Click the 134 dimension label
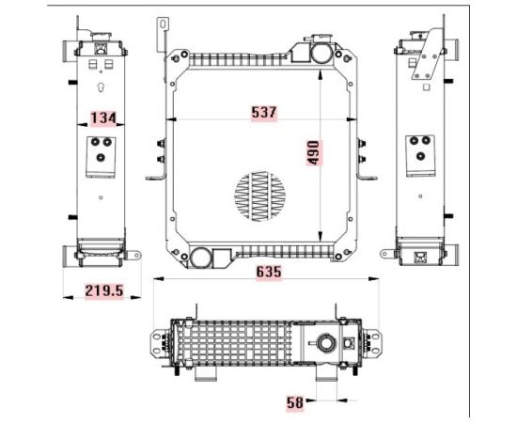pos(102,117)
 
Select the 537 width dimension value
pos(264,112)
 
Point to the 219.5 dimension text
pos(105,291)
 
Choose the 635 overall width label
pos(265,272)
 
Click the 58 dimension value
pos(295,403)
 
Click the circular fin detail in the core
pos(262,196)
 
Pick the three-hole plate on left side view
pos(101,150)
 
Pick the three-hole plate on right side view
pos(419,150)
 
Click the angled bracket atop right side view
pos(429,52)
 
